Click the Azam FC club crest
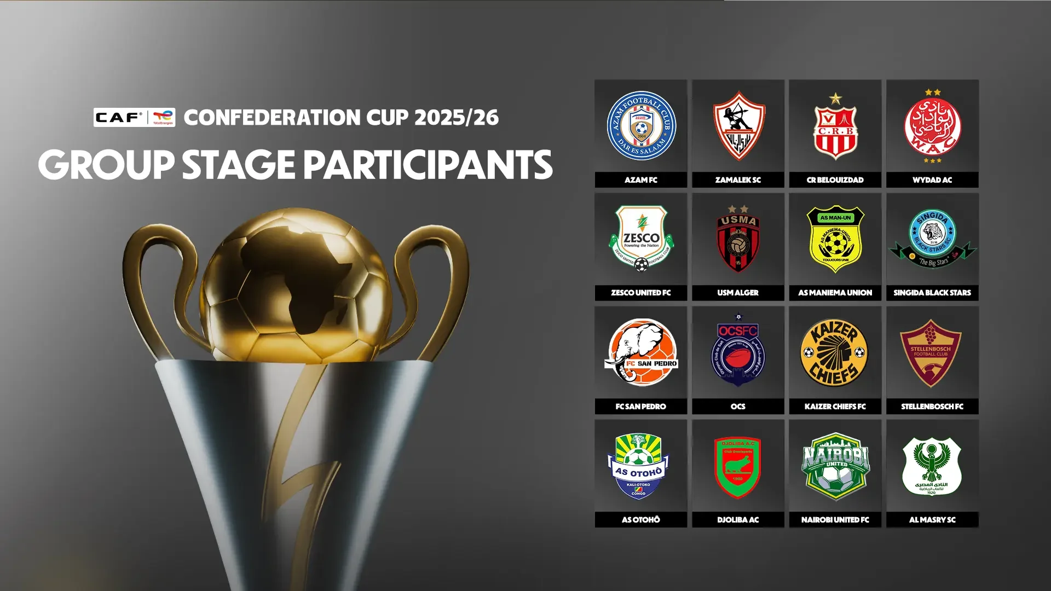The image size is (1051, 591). tap(641, 126)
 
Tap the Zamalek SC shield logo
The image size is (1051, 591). tap(738, 126)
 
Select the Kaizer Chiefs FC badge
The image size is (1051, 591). tap(835, 353)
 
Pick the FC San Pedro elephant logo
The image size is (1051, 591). tap(641, 353)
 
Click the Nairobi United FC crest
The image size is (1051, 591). tap(835, 466)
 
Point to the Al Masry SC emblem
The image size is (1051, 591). tap(932, 466)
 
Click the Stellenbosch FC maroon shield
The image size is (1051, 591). tap(931, 353)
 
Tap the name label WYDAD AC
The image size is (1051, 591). tap(932, 180)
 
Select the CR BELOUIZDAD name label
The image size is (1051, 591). tap(835, 180)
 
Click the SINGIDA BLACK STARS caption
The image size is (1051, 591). tap(932, 293)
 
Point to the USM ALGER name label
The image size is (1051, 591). tap(738, 293)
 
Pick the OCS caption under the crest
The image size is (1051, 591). tap(738, 407)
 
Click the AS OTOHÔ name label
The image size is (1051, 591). tap(641, 520)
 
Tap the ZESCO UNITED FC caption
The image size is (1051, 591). tap(641, 293)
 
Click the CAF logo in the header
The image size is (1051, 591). tap(119, 117)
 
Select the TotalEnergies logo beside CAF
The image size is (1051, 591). tap(163, 117)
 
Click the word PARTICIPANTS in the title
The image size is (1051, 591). tap(428, 165)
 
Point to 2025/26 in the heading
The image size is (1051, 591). tap(457, 118)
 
